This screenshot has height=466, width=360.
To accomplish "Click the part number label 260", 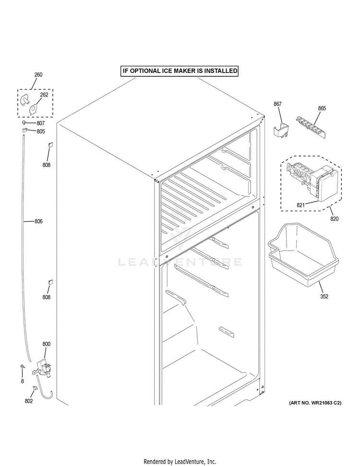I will point(38,75).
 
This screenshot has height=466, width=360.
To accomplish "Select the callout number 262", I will point(44,95).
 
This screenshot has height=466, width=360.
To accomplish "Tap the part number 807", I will point(40,123).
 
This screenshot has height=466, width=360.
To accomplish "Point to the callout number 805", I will point(40,131).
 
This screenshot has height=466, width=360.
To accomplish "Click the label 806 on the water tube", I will point(38,221).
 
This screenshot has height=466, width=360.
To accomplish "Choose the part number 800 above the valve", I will point(46,344).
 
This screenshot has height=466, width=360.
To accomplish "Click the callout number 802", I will point(28,401).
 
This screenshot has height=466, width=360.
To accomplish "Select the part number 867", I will point(277,104).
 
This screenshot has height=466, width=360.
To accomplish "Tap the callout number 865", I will point(322,108).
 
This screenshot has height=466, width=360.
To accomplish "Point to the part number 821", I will point(300,205).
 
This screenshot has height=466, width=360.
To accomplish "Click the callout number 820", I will point(334,219).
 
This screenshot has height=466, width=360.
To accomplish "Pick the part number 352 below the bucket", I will point(324,296).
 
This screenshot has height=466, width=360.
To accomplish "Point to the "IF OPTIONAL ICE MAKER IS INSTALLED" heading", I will point(180,71).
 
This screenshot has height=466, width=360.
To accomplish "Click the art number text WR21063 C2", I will point(315,403).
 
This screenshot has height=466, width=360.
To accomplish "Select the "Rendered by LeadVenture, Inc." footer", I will point(180,461).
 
